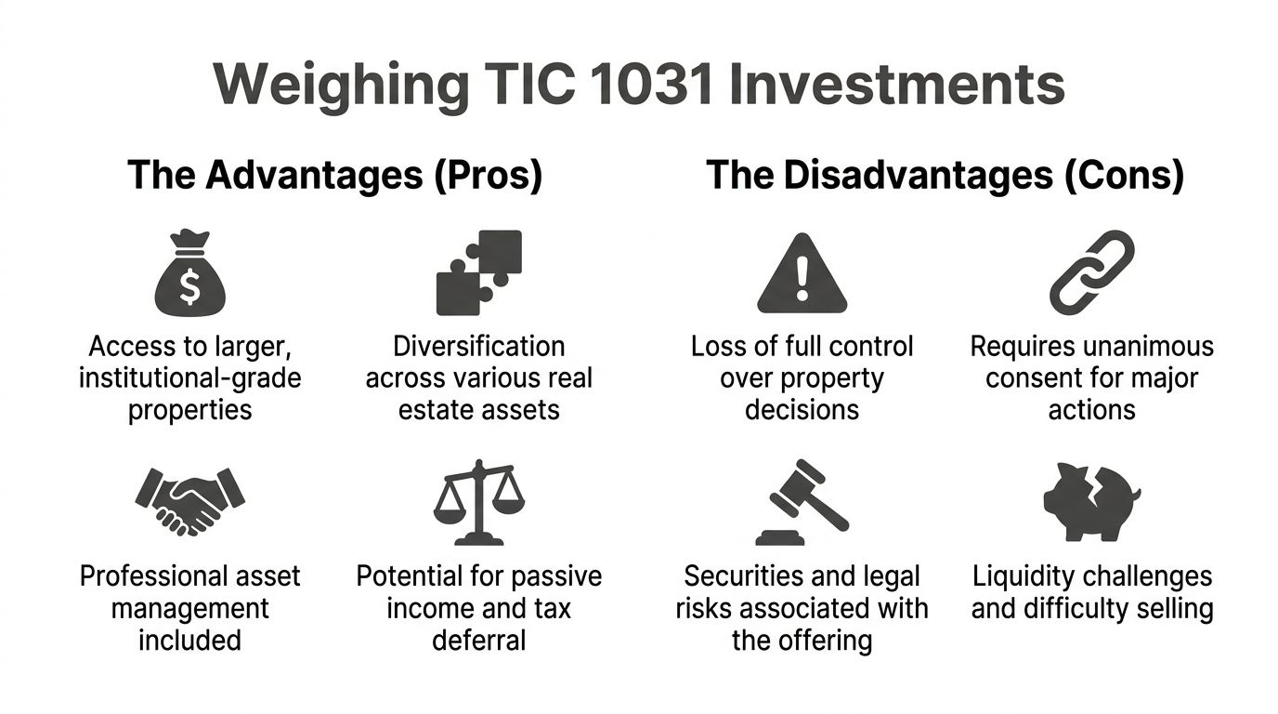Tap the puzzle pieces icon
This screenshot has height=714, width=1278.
coord(479,272)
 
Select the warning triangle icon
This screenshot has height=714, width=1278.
coord(802,276)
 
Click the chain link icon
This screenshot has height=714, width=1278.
coord(1092,272)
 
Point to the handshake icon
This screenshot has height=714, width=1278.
coord(189,501)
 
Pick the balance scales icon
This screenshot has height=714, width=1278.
coord(479,502)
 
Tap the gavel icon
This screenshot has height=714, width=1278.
coord(802,502)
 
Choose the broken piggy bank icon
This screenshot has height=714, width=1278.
coord(1092,502)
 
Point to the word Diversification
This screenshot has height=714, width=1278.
coord(479,347)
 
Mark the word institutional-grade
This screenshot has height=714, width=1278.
coord(189,378)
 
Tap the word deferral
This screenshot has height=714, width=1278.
coord(479,641)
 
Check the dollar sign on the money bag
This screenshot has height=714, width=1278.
coord(189,288)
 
